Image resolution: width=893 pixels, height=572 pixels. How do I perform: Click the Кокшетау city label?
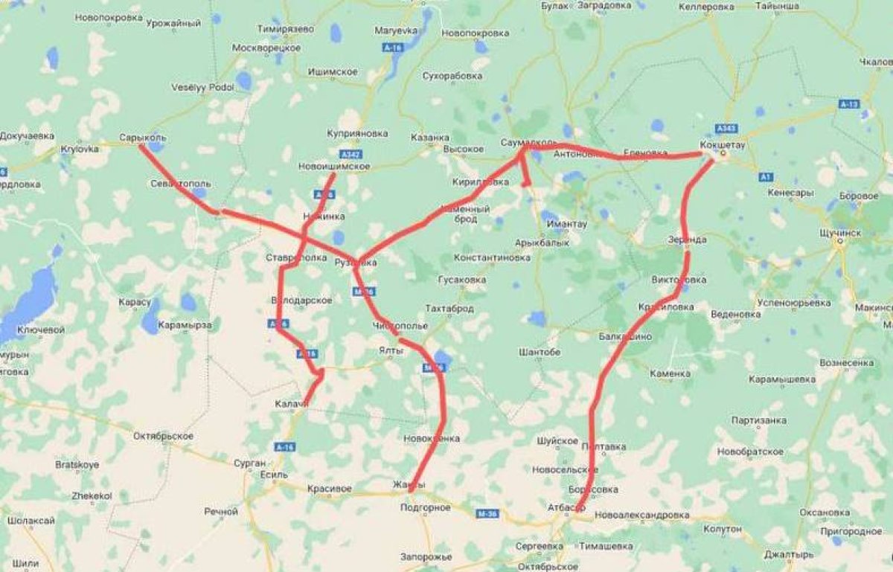click(x=722, y=144)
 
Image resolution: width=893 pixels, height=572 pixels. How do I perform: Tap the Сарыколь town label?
click(x=142, y=138)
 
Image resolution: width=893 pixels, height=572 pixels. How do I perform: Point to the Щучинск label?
click(x=839, y=233)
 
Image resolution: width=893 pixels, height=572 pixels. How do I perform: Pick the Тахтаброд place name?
click(x=449, y=308)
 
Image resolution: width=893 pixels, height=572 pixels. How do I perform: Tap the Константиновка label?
click(x=492, y=257)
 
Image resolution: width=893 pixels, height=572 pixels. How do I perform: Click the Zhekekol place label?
click(x=92, y=495)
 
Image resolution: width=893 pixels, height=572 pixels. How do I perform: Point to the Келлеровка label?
click(x=707, y=7)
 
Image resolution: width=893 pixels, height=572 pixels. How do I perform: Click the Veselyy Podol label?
click(x=202, y=87)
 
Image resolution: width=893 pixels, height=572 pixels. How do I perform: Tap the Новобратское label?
click(x=750, y=452)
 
